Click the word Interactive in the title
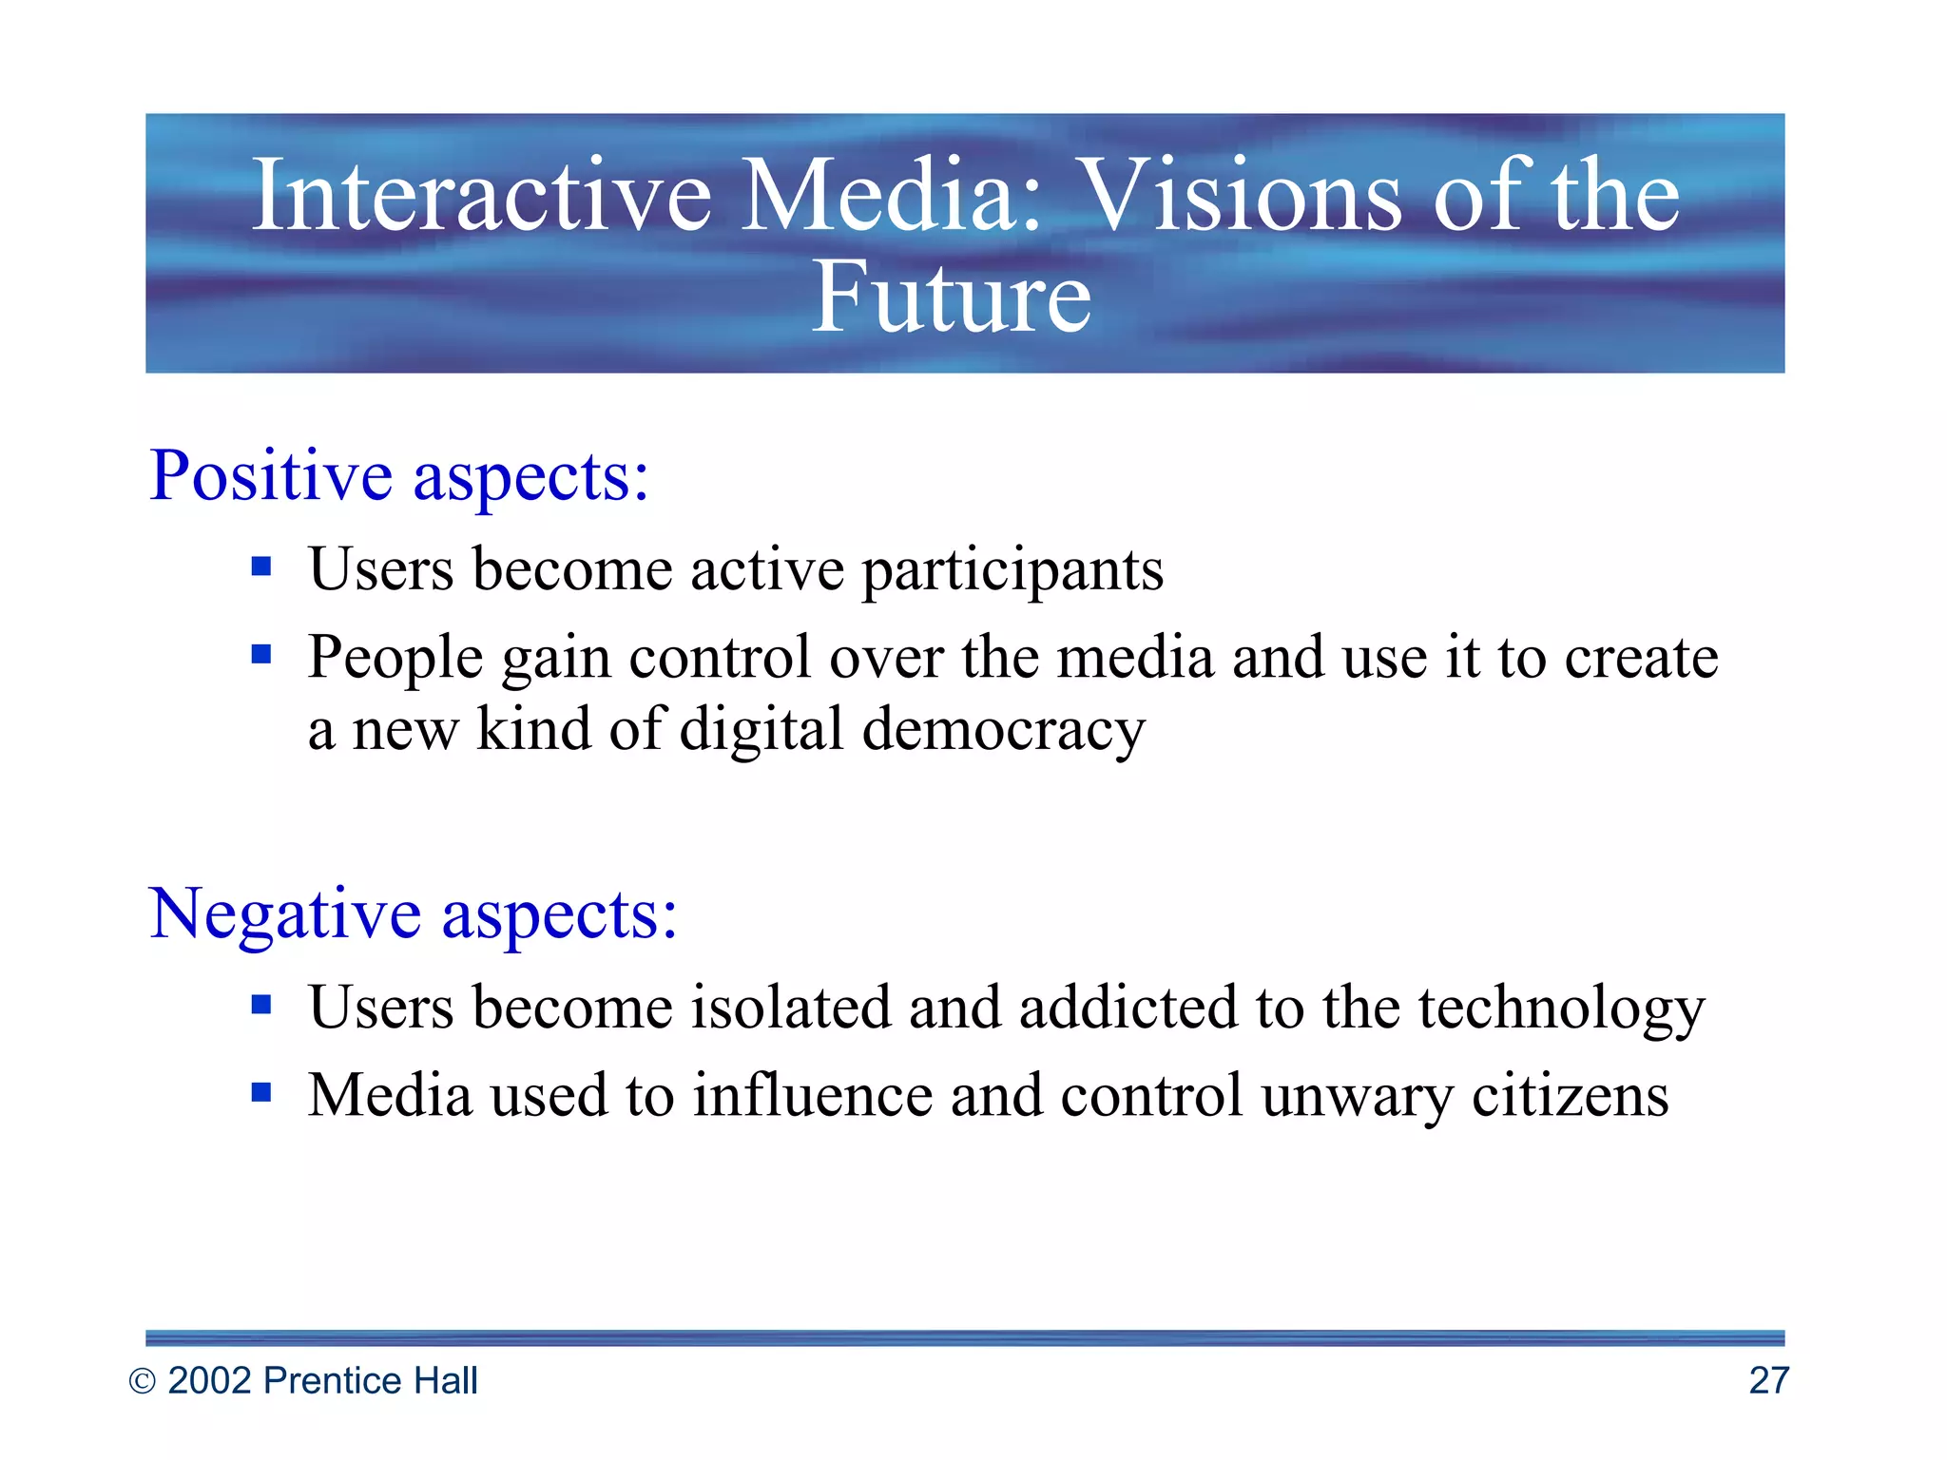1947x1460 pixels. point(481,195)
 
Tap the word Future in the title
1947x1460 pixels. point(951,298)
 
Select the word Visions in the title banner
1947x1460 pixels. point(1242,195)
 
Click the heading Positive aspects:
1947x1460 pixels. point(399,475)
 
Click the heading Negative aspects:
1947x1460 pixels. point(414,913)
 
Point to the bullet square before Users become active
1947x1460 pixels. point(261,567)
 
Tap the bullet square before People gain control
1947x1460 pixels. point(261,654)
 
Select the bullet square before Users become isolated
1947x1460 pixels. point(261,1005)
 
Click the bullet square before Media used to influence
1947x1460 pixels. point(261,1092)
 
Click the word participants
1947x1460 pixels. point(1012,571)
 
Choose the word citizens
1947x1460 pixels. point(1570,1096)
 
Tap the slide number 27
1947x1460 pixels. point(1768,1380)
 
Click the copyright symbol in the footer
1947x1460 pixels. point(142,1381)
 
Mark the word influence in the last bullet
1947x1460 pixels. point(812,1095)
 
